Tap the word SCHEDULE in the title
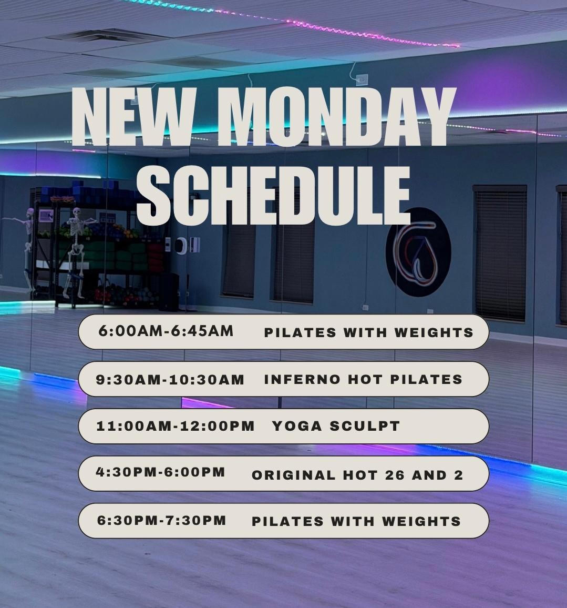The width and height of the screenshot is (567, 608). point(273,196)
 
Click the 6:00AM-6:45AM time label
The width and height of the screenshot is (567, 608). point(166,331)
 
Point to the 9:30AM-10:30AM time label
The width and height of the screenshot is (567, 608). point(170,380)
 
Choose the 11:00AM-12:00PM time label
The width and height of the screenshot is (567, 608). point(175,426)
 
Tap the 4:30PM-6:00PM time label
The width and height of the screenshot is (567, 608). point(160,472)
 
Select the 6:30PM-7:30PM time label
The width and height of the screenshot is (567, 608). point(161,520)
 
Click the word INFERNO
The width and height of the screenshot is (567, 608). point(302,379)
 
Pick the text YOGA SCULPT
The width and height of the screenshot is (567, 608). point(336,426)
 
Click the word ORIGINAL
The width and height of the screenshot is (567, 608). point(293,475)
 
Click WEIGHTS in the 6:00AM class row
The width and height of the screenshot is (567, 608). point(434,332)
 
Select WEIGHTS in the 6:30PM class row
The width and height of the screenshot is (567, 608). point(422,522)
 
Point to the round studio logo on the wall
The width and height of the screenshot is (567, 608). point(418,252)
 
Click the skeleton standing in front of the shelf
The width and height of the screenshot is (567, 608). point(77,252)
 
